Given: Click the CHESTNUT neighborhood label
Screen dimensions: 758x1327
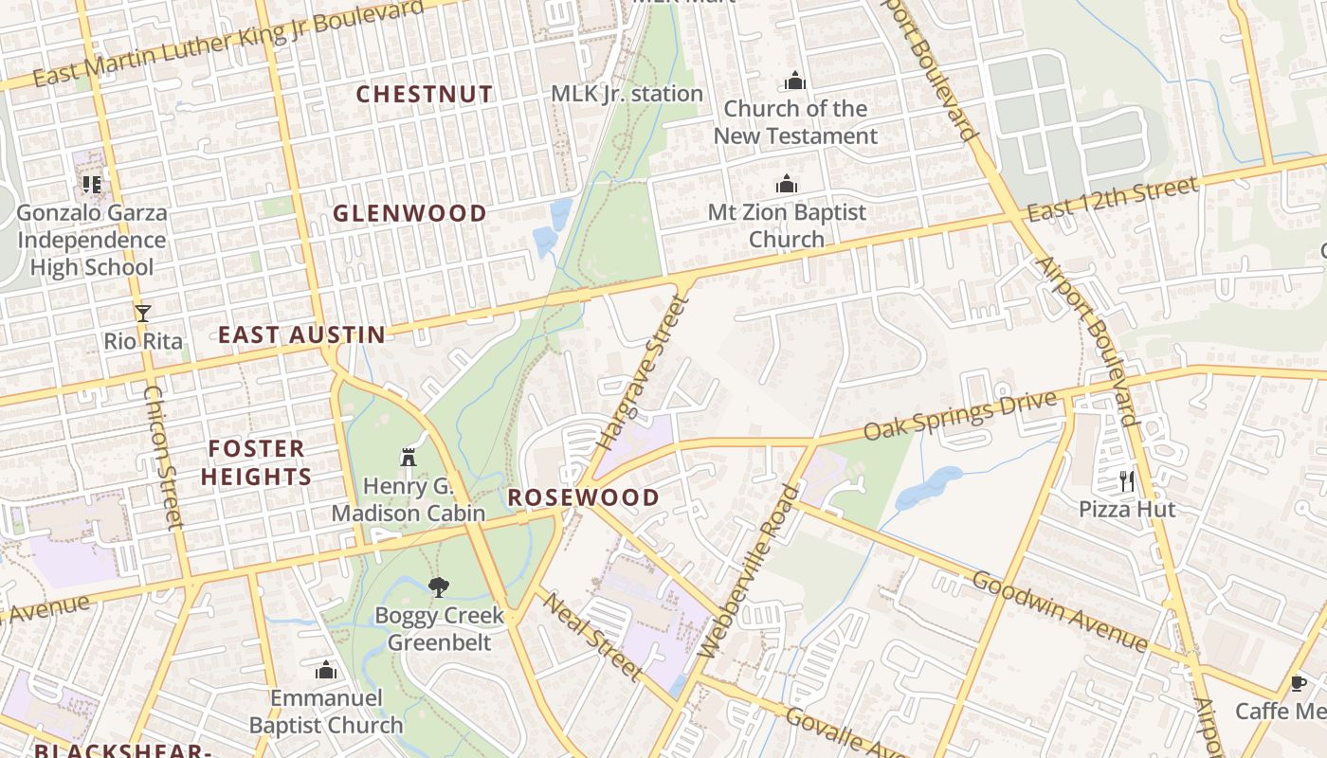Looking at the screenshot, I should point(424,95).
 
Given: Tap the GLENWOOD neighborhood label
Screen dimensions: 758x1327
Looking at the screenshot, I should point(409,214).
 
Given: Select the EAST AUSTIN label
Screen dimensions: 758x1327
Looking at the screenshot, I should point(301,334).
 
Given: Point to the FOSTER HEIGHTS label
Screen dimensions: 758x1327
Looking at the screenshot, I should point(256,462).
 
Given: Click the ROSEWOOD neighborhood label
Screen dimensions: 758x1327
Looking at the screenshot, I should point(583,497).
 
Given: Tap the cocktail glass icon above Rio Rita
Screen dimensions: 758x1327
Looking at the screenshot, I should point(143,313).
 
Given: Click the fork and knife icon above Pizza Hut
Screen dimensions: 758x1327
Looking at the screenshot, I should point(1126,480).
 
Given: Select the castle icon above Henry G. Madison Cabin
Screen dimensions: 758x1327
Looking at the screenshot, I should point(409,457).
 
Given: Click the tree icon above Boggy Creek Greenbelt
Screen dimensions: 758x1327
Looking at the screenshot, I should point(437,587).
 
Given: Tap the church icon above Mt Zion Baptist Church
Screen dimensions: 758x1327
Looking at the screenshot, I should point(787,184).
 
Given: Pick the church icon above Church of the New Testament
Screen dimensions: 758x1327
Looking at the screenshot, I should point(795,81).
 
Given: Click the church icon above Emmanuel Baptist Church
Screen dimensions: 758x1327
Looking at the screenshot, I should point(326,671).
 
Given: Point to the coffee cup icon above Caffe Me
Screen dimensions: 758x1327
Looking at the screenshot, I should point(1299,682).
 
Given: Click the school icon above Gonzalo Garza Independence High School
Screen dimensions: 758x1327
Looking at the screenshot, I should point(92,184).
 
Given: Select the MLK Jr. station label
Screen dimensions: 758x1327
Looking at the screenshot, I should point(627,94).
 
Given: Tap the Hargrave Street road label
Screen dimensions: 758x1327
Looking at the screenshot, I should point(641,373).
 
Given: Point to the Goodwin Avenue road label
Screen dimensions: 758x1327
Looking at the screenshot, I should point(1060,611).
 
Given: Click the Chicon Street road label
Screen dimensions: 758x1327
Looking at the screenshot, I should point(162,457).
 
